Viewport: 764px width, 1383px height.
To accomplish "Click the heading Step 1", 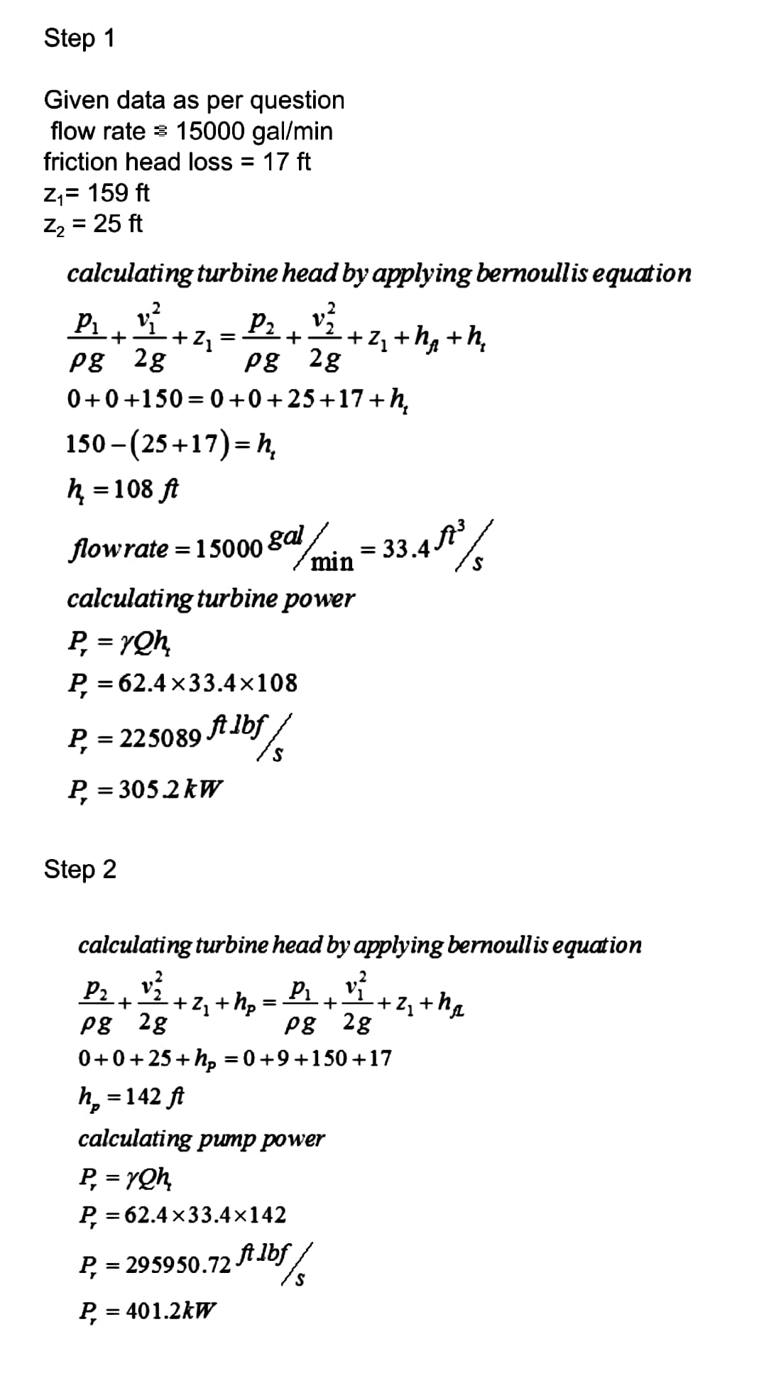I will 79,38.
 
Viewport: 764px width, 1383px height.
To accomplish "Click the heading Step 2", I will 80,869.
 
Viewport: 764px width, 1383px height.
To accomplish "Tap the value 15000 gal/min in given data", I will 254,131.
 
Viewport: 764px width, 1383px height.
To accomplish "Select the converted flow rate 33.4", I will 405,549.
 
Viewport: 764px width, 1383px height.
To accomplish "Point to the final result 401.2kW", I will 171,1310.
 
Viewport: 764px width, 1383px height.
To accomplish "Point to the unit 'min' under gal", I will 333,562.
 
